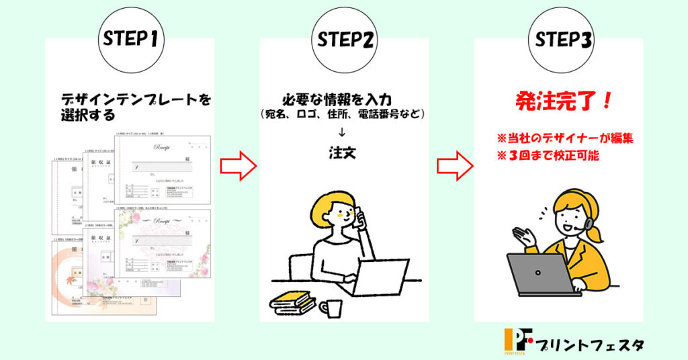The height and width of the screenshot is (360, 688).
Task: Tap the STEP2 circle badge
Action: point(344,38)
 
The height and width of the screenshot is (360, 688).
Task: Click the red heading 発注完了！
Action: point(564,102)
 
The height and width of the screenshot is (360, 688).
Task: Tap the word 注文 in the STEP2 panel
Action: point(343,153)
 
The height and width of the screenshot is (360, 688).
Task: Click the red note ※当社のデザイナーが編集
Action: point(564,139)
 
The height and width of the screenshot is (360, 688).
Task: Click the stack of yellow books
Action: point(292,302)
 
